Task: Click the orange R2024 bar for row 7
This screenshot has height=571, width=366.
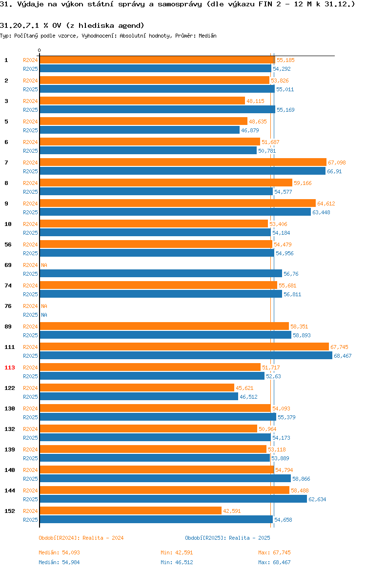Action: (183, 162)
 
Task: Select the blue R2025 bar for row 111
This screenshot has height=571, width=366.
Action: (186, 355)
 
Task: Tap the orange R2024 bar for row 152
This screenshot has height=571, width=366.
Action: (130, 510)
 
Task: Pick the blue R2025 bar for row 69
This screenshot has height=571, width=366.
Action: (161, 273)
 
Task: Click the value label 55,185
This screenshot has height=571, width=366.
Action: (285, 60)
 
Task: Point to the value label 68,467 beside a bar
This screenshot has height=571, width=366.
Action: (343, 356)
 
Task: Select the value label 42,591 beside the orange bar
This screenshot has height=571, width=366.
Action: (232, 511)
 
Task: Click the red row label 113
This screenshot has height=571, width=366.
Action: (9, 367)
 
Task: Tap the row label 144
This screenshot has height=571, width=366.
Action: (9, 490)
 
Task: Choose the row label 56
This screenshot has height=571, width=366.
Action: (8, 245)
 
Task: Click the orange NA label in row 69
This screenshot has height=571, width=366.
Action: (44, 265)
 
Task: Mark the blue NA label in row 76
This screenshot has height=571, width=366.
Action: (44, 315)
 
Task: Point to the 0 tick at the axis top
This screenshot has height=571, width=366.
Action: (40, 50)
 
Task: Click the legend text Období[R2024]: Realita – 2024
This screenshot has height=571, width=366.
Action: (81, 538)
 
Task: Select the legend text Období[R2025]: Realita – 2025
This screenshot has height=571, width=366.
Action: (227, 538)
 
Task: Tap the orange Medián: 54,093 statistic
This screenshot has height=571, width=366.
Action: (60, 552)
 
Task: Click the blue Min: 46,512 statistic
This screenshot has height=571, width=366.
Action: (177, 562)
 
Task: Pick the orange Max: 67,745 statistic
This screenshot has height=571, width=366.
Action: (275, 552)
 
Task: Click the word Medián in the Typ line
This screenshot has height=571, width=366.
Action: (207, 36)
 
